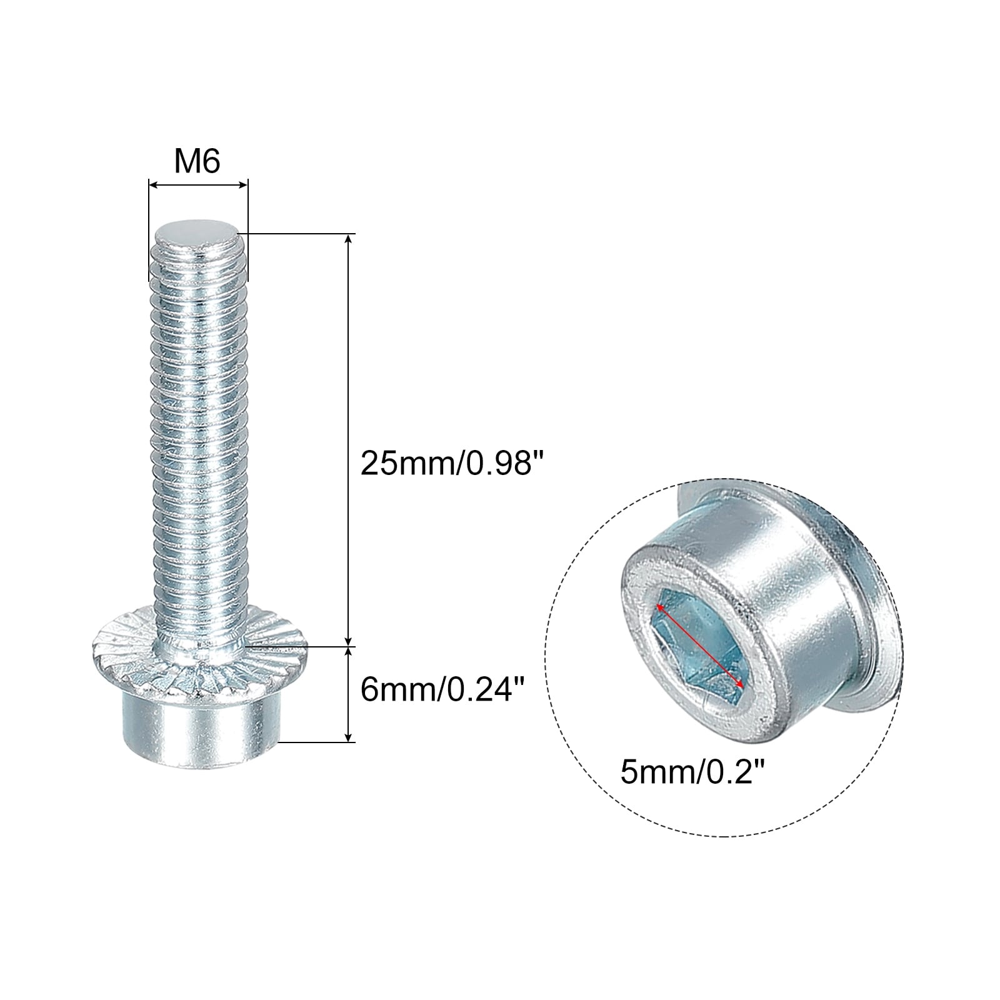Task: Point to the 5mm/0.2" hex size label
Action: [x=693, y=773]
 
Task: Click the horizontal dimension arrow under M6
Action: [x=198, y=184]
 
